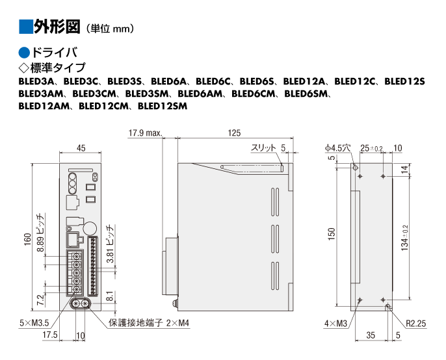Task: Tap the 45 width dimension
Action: click(81, 148)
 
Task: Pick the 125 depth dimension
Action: click(235, 133)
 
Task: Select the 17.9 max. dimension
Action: click(144, 133)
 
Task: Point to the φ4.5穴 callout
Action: click(337, 148)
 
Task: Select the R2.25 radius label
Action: click(416, 322)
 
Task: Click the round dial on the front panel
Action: click(91, 228)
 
